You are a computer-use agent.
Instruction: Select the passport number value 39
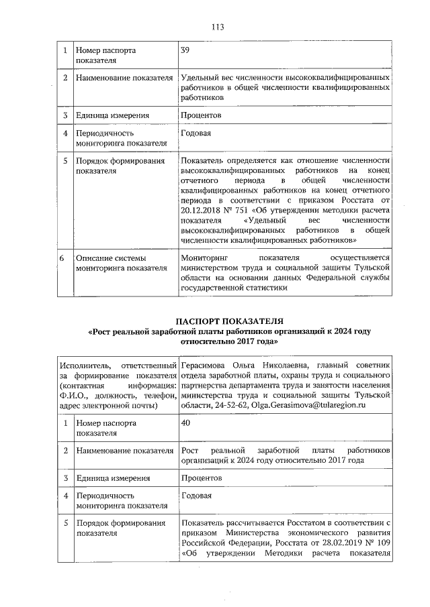(x=186, y=50)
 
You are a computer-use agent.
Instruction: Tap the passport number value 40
(x=186, y=423)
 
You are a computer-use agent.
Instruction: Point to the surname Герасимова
(x=206, y=365)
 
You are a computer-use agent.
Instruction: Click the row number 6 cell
(x=62, y=258)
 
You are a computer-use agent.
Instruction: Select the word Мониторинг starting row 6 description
(x=206, y=258)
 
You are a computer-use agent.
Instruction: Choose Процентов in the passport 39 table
(x=202, y=115)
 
